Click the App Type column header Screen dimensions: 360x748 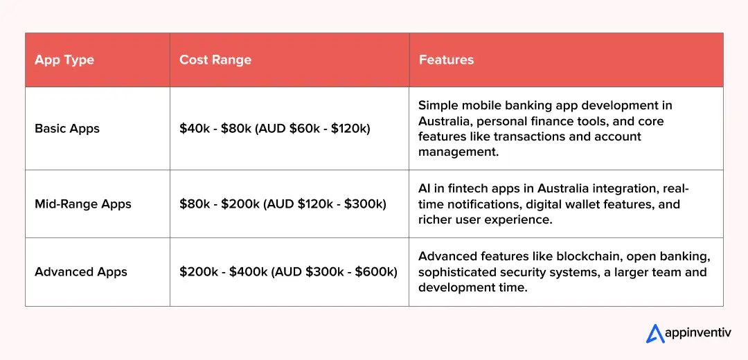(x=64, y=60)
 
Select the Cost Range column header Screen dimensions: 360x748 (x=215, y=60)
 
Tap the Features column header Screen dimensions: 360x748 (x=446, y=60)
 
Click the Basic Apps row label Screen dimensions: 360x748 (x=67, y=129)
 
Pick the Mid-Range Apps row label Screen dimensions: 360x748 (x=83, y=204)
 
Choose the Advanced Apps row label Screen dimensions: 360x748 (x=81, y=272)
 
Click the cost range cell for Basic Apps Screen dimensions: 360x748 (x=275, y=129)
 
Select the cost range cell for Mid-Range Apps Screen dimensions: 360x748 (x=283, y=204)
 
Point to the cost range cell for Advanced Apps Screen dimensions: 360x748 (x=288, y=272)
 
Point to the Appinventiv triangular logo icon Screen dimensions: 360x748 (x=655, y=334)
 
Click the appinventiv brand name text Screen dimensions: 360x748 (x=697, y=333)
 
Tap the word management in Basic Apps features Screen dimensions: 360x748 (x=458, y=152)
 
